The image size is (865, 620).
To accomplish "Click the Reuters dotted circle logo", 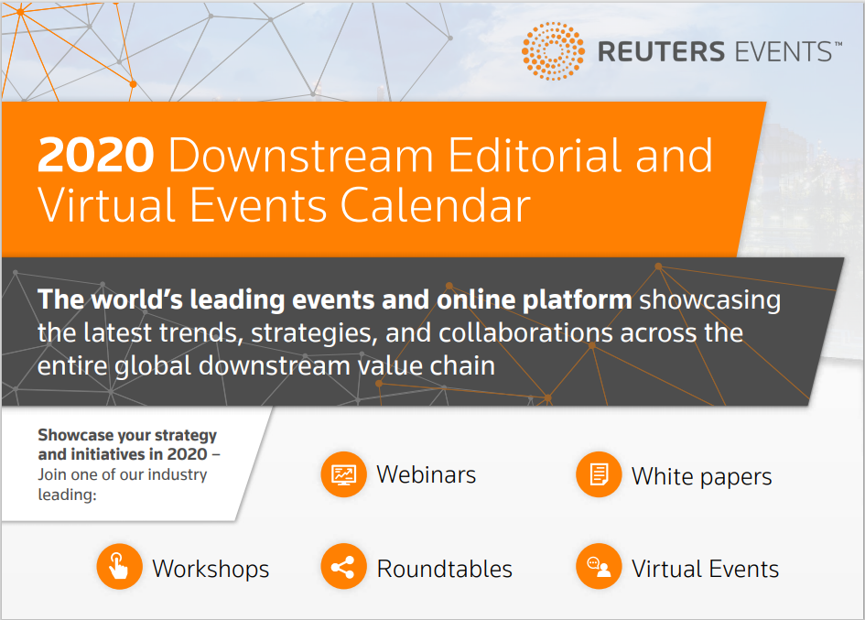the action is click(553, 51).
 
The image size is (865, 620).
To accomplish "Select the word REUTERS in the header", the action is click(661, 52).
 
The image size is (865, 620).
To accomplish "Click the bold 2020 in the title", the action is click(95, 155).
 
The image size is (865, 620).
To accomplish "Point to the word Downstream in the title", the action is click(301, 155).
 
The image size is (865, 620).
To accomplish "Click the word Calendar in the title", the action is click(436, 205).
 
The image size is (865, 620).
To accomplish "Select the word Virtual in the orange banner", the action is click(106, 205).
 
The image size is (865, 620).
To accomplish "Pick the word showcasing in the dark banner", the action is click(710, 301).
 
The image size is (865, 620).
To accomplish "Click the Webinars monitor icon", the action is click(343, 474).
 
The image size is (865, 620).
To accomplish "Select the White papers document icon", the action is click(599, 474).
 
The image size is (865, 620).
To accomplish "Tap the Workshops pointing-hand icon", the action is click(120, 567).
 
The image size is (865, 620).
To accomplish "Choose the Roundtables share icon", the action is click(343, 567).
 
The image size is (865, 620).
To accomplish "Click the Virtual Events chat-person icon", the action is click(599, 567).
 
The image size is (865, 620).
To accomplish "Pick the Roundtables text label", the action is click(445, 569).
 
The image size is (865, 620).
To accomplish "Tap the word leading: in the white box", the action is click(67, 495).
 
